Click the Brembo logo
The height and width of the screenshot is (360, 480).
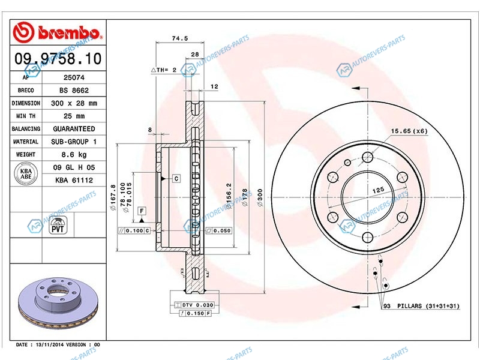[x=57, y=32]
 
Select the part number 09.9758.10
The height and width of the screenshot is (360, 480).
[x=58, y=58]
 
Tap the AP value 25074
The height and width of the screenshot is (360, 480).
[x=74, y=77]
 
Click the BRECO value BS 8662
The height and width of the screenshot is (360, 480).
[x=74, y=91]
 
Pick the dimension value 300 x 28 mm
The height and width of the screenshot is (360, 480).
[x=74, y=103]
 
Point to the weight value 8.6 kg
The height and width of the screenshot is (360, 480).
[x=74, y=155]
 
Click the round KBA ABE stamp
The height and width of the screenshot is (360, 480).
[x=26, y=174]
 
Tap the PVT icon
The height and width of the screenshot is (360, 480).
[x=58, y=226]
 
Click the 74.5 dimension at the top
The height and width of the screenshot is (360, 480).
[x=179, y=38]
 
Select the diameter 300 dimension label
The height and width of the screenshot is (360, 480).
[x=260, y=197]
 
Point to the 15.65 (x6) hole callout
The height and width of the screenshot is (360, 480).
[x=409, y=131]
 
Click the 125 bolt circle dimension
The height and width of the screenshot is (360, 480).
[x=379, y=190]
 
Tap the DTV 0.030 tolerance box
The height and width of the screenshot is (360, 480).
[x=194, y=305]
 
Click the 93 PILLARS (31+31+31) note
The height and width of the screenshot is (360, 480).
[x=421, y=306]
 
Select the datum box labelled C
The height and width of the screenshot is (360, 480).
[x=176, y=178]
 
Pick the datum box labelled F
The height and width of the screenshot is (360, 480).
[x=142, y=211]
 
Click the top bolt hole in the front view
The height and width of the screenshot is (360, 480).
[x=367, y=158]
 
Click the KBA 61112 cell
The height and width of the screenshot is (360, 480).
[x=74, y=181]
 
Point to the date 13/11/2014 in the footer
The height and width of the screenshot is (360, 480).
[x=50, y=344]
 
